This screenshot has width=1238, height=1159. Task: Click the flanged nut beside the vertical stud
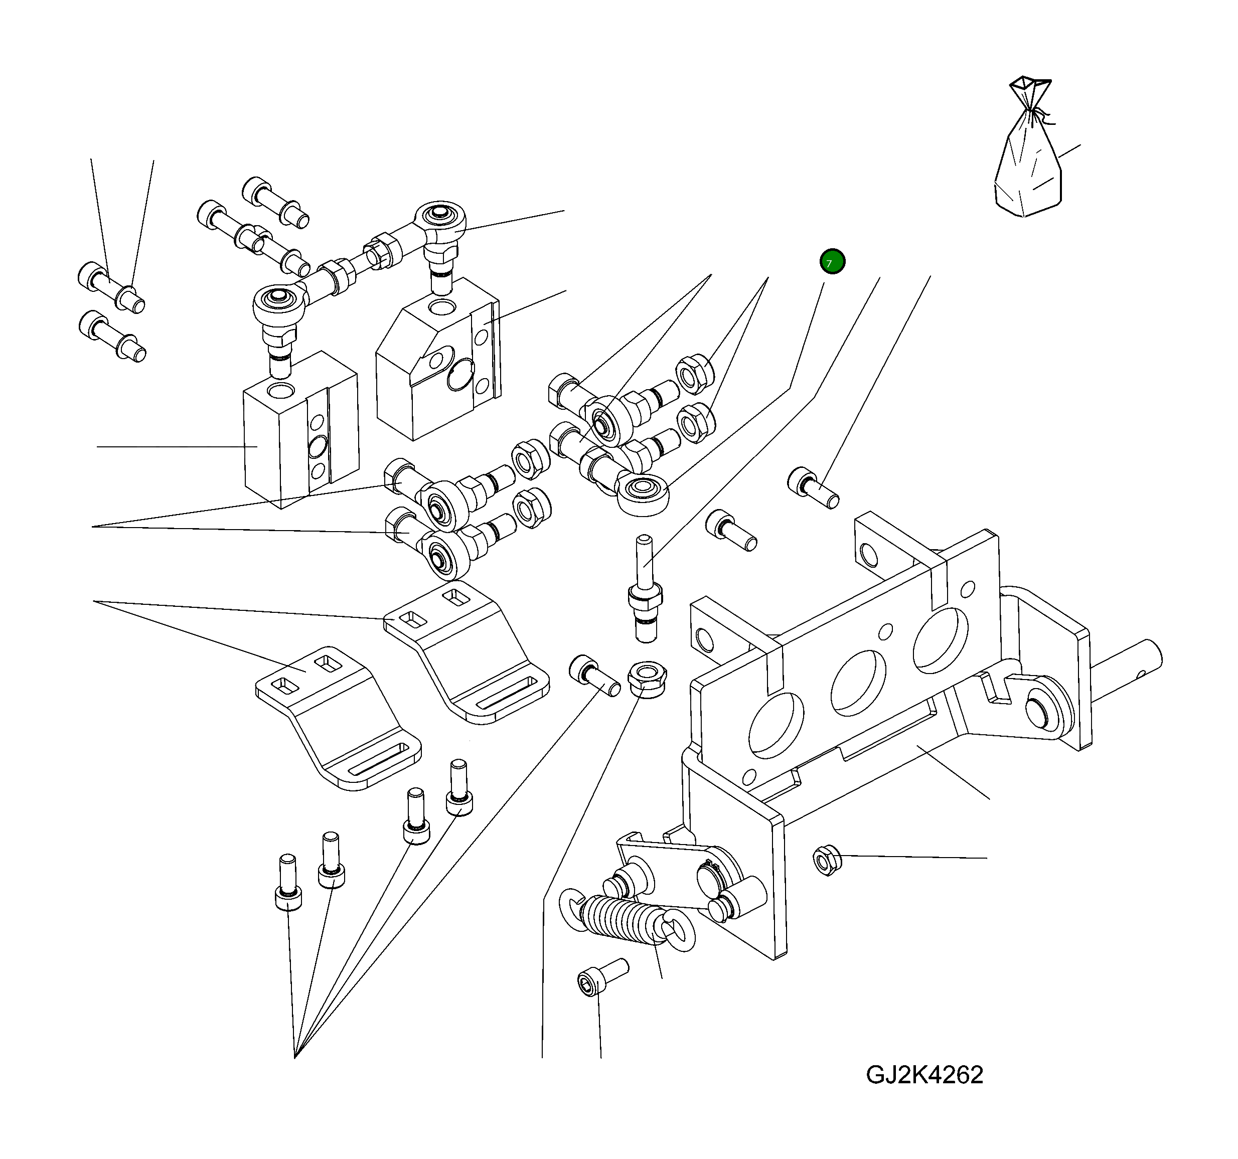point(647,679)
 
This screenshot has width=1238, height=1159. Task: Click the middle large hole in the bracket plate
point(858,684)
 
